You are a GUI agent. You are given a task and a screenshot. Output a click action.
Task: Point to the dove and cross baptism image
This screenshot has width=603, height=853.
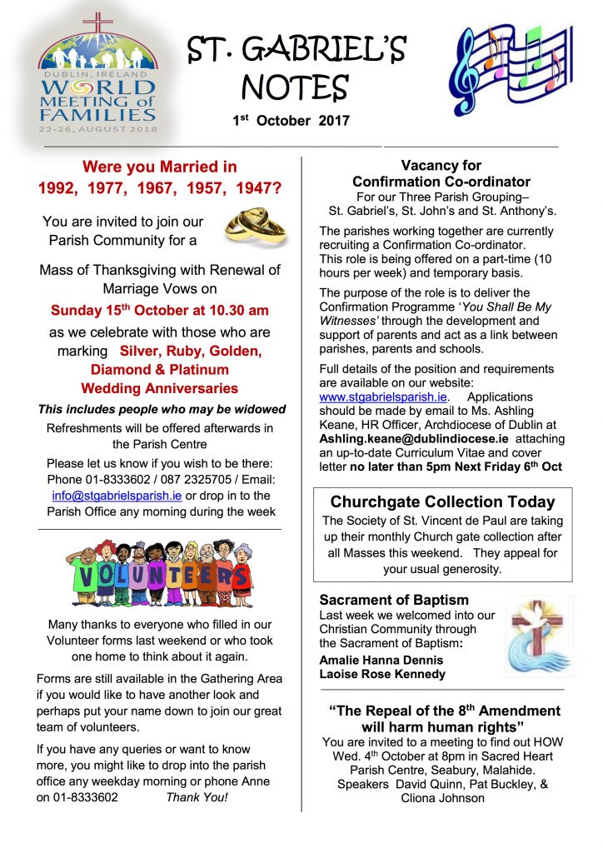[x=539, y=636]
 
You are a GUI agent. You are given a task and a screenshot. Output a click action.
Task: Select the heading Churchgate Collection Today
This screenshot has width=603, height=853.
[x=442, y=501]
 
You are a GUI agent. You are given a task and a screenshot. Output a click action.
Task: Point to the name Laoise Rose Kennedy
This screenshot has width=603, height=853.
[x=382, y=674]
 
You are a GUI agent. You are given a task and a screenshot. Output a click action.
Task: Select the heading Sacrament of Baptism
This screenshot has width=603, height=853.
[x=394, y=600]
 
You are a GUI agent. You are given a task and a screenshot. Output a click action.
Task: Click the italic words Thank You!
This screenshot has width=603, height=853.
[x=197, y=796]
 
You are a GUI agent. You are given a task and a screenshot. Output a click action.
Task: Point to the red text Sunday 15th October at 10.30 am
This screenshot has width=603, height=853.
[x=160, y=311]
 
